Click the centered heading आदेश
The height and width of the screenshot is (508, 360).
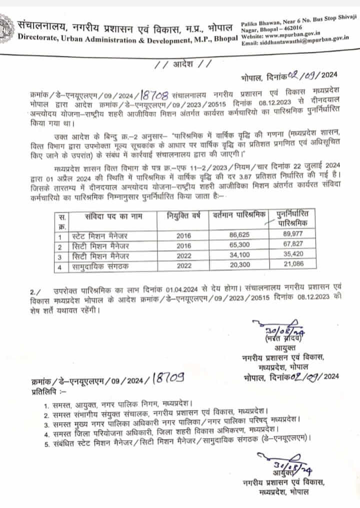click(179, 64)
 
